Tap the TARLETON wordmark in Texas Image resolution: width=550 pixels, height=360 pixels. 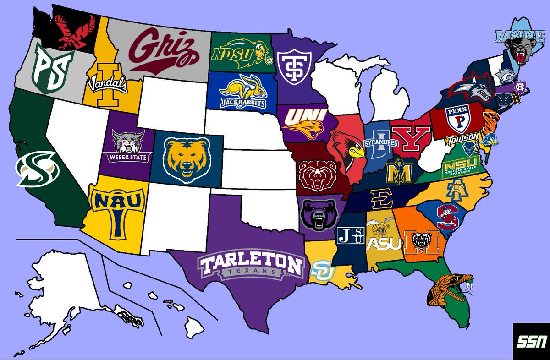[x=251, y=264]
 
